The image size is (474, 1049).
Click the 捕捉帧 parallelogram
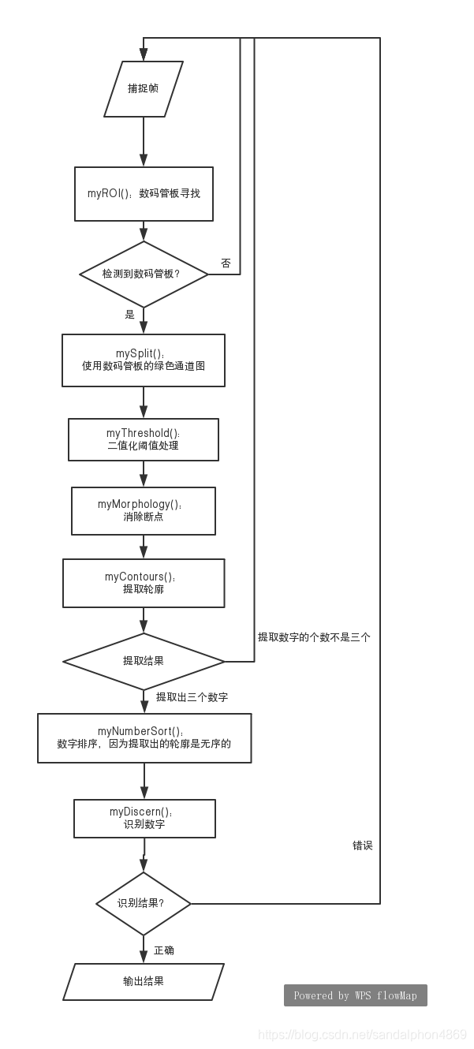tap(144, 88)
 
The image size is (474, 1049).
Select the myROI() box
tap(144, 193)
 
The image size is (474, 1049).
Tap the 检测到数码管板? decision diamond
tap(144, 274)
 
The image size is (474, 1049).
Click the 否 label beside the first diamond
tap(226, 263)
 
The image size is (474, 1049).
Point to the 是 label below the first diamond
tap(130, 315)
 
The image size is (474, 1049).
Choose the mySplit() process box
tap(144, 360)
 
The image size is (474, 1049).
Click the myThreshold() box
tap(144, 439)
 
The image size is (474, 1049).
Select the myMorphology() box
tap(144, 510)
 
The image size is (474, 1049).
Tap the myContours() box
tap(144, 583)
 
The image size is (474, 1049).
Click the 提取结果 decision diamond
tap(144, 661)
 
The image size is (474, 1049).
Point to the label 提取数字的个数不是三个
tap(314, 637)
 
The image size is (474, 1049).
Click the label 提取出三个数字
tap(192, 697)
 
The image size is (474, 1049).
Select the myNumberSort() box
tap(144, 737)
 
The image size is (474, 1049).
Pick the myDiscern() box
tap(144, 818)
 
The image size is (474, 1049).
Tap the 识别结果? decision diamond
tap(144, 903)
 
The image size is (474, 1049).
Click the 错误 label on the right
tap(363, 846)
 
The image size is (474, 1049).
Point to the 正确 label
tap(164, 950)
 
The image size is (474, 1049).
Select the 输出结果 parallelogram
tap(144, 982)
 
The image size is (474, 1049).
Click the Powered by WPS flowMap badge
tap(355, 995)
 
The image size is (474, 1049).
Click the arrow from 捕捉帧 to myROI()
tap(144, 142)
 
